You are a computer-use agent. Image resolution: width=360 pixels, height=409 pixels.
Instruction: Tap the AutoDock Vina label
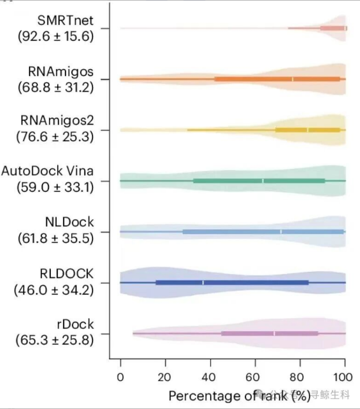pos(47,172)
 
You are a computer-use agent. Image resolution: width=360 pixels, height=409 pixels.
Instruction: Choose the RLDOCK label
pos(67,274)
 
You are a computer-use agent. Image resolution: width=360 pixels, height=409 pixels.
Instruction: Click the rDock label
pos(74,324)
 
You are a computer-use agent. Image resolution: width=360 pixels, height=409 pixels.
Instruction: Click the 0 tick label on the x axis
pos(120,377)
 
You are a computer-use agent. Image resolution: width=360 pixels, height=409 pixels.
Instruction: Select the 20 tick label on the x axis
pos(165,377)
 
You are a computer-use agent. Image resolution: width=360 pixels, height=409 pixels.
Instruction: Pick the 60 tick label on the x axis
pos(255,377)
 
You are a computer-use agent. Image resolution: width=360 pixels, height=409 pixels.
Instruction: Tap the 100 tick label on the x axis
pos(344,377)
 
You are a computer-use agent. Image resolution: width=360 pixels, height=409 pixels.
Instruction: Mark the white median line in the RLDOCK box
pos(203,282)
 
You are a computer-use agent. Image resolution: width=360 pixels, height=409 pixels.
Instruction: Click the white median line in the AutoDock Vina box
pos(263,181)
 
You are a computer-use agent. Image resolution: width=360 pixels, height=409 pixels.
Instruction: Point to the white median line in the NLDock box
pos(281,232)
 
